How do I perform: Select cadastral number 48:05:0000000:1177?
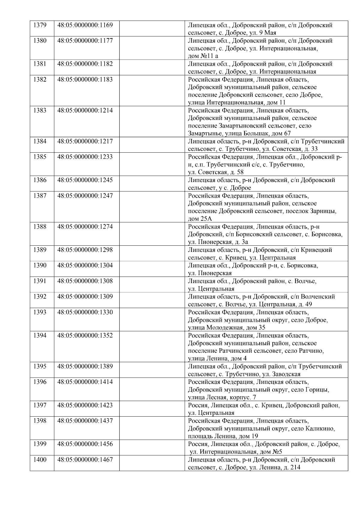point(85,40)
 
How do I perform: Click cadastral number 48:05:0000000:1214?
point(85,110)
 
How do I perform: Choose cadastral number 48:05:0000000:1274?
point(85,226)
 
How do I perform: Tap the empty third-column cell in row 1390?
point(152,269)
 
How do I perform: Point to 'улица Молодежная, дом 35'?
point(226,328)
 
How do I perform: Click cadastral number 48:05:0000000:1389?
point(85,366)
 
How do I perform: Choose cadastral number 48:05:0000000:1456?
point(85,444)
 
